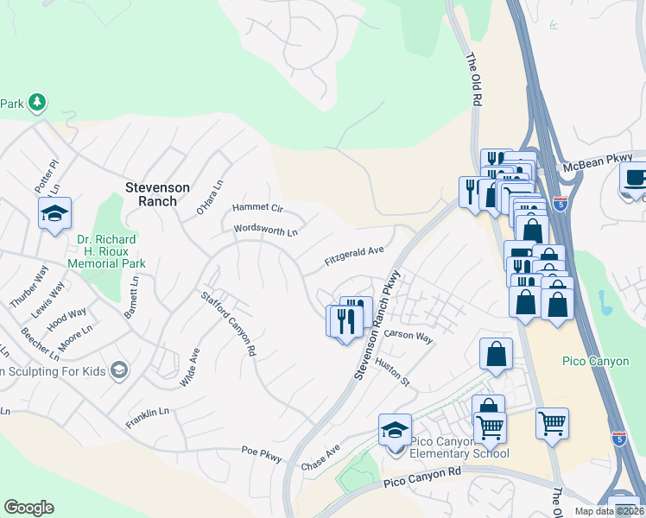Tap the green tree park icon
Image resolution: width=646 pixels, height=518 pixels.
coord(37,104)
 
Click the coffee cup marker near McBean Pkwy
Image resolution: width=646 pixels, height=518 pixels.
coord(635,179)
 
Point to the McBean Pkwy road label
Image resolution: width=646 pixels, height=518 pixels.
coord(603,161)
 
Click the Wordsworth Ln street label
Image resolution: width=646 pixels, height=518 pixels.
coord(265,231)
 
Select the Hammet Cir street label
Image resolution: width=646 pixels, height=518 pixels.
coord(257,208)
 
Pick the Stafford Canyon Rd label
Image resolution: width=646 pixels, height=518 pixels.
coord(229,324)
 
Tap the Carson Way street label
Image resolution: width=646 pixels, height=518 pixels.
coord(408,337)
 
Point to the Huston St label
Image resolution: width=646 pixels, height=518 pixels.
coord(391,373)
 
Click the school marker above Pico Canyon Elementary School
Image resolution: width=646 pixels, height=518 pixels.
coord(395,429)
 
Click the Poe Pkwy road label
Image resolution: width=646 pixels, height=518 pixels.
coord(262,454)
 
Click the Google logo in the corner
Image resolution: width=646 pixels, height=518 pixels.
coord(28,508)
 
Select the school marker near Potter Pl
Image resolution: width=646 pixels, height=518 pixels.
coord(54,213)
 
